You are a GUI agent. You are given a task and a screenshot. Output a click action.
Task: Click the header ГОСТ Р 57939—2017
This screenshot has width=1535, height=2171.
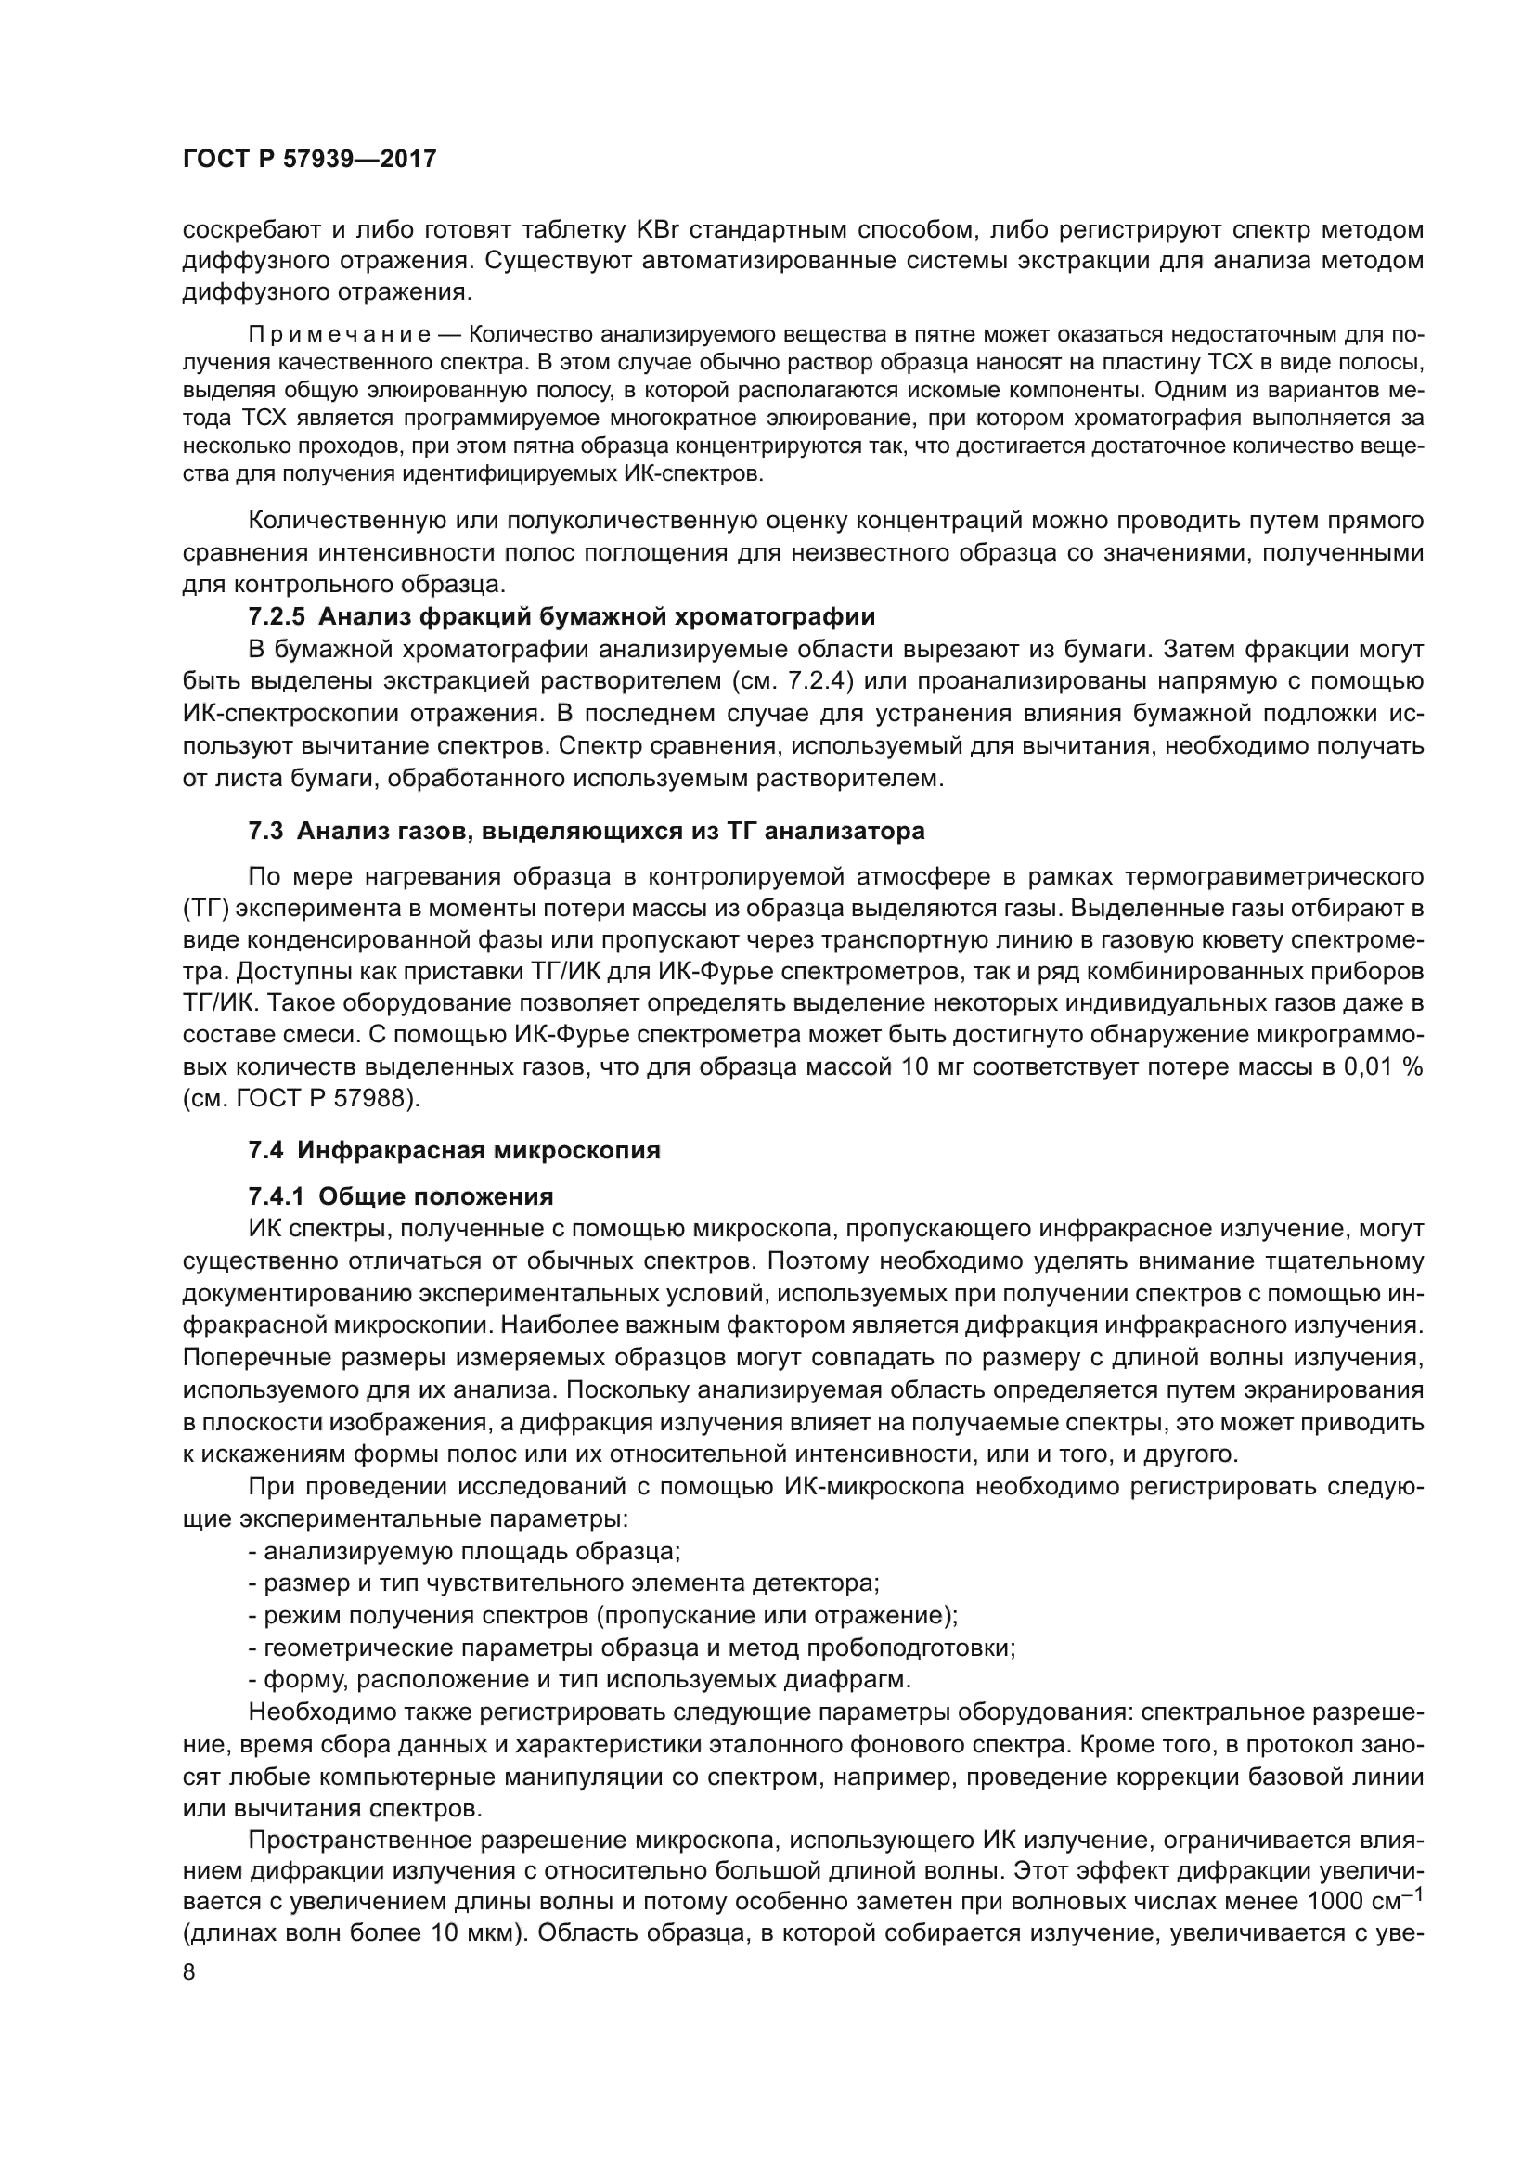tap(309, 159)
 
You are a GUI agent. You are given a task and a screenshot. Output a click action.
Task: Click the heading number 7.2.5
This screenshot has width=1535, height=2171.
tap(276, 617)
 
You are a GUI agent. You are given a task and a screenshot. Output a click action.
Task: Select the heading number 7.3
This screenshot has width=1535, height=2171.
tap(265, 831)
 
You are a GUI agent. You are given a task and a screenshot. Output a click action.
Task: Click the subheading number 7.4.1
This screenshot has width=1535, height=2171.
tap(276, 1197)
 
